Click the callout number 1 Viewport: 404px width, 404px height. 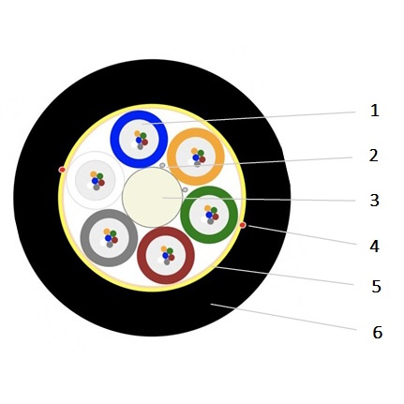pos(374,111)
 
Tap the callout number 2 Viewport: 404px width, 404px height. pos(374,156)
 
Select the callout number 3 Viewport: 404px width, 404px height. pos(374,201)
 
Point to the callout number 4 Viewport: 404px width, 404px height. pos(374,247)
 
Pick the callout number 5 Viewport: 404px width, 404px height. pos(376,286)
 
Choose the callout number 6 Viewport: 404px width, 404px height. pos(378,332)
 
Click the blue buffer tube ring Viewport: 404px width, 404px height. pos(115,139)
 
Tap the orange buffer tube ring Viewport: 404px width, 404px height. pos(172,157)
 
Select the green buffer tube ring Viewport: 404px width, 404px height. pos(186,215)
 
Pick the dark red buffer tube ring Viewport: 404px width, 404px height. pos(142,255)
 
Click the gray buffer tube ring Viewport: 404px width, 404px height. pos(85,238)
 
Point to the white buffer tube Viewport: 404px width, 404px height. pos(96,180)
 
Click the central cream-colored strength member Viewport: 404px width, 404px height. pos(152,197)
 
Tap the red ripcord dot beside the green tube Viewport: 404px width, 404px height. pos(243,225)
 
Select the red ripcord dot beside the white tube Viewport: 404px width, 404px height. pos(62,170)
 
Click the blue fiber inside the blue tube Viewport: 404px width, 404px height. pos(139,141)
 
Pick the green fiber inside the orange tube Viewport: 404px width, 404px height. pos(201,153)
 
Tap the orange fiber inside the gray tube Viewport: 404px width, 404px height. pos(107,232)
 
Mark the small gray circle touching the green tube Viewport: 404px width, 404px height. pos(185,189)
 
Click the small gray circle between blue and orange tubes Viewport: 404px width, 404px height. pos(162,165)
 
